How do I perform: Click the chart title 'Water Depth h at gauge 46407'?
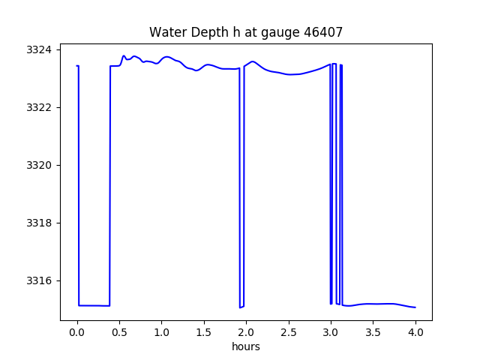[x=246, y=32]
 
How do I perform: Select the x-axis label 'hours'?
[x=246, y=346]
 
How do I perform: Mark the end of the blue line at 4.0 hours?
[x=415, y=307]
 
